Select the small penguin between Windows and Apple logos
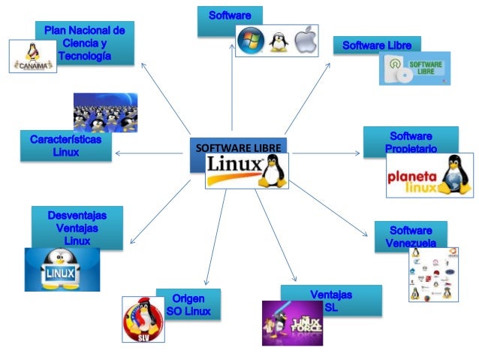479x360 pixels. coord(279,41)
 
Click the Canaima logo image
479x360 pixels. coord(32,56)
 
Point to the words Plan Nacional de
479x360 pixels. coord(84,30)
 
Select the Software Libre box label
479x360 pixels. coord(377,46)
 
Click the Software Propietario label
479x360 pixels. coord(411,142)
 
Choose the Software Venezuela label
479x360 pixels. coord(411,237)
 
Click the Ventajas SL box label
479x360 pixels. coord(330,301)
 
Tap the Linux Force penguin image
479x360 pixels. coord(292,322)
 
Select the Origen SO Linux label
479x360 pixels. coord(188,304)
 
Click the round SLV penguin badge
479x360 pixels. coord(143,319)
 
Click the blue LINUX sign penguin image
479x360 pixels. coord(62,270)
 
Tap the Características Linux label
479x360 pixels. coord(65,146)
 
